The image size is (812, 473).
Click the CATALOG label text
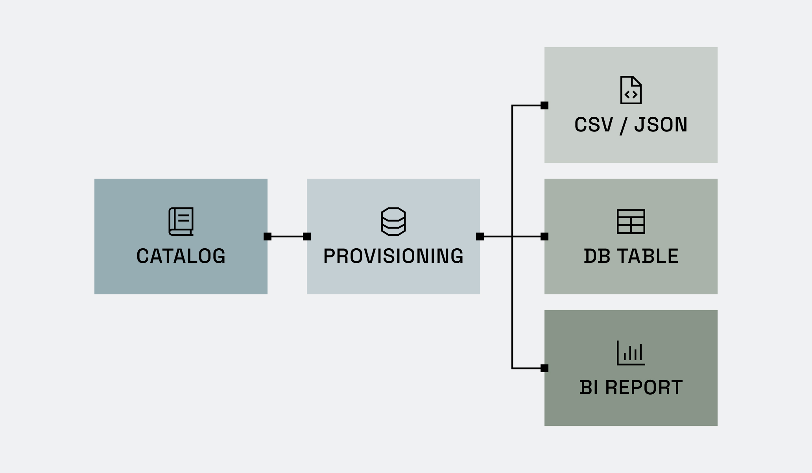[x=181, y=256]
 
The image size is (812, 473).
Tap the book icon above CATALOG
[x=181, y=222]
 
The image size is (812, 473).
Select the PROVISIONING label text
[x=393, y=256]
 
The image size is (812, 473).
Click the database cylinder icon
[x=393, y=222]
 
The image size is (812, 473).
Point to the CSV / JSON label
[x=631, y=125]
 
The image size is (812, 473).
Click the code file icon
[x=631, y=90]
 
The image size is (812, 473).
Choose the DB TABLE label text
[x=631, y=256]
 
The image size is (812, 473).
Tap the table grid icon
[x=631, y=222]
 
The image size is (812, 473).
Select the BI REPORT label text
[x=631, y=388]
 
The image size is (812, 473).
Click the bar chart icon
[x=631, y=353]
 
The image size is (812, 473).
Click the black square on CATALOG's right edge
[x=268, y=236]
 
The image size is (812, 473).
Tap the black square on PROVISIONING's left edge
[x=307, y=236]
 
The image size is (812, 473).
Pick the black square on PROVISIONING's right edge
[x=480, y=236]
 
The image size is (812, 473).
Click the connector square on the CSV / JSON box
[x=544, y=105]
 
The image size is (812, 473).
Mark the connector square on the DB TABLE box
[x=544, y=236]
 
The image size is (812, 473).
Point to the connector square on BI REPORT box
[x=544, y=368]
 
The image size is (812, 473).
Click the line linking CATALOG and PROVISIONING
[x=287, y=236]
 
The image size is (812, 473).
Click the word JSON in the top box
[x=661, y=125]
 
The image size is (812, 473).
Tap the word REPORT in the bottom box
[x=644, y=388]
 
